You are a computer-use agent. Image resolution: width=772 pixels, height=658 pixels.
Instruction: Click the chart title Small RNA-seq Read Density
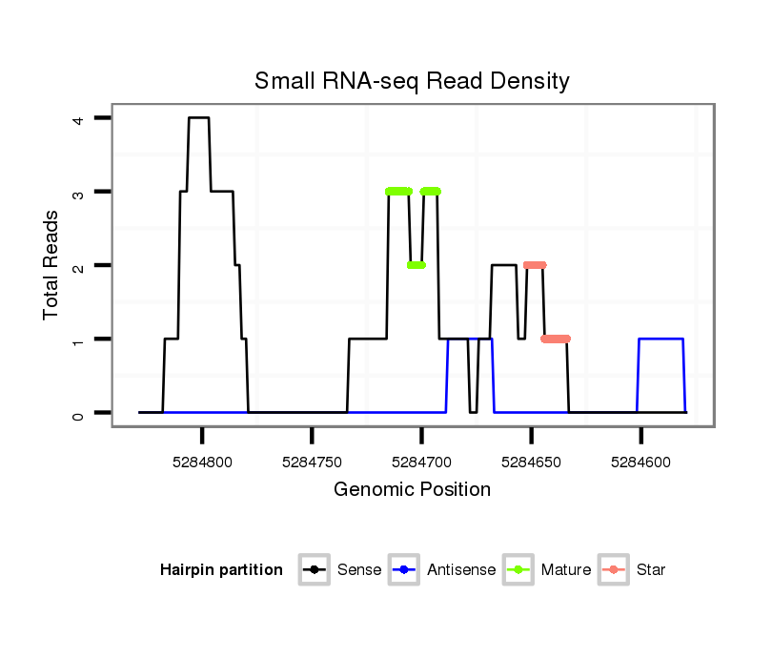point(412,81)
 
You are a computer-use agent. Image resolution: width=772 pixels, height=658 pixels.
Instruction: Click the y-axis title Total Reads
point(52,265)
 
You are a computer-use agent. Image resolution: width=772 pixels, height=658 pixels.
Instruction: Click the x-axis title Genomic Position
point(412,489)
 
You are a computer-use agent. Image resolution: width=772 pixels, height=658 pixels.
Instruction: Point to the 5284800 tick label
point(202,462)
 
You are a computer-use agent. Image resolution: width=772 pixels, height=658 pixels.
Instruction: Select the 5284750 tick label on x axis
point(312,462)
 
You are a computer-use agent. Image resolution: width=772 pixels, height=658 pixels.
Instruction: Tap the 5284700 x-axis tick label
point(421,462)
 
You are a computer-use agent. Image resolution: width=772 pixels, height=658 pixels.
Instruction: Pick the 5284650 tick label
point(531,462)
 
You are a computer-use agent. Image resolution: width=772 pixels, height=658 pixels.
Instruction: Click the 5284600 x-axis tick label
point(640,462)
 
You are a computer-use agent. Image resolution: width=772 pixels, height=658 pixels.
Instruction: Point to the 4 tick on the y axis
point(77,118)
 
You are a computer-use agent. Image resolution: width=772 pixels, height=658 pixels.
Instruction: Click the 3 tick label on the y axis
point(77,192)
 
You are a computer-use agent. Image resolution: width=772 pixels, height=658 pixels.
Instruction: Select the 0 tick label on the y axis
point(77,413)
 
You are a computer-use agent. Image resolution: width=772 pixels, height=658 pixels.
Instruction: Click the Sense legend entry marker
point(314,570)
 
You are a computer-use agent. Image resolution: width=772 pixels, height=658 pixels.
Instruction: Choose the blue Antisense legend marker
point(405,570)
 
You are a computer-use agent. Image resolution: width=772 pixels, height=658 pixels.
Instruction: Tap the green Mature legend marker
point(518,570)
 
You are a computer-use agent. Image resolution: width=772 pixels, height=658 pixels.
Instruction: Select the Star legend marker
point(614,570)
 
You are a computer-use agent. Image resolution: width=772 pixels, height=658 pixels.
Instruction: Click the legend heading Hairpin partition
point(221,570)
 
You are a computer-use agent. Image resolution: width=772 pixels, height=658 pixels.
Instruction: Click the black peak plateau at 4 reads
point(198,118)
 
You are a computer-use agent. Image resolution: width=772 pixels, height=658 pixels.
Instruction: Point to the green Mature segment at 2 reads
point(416,265)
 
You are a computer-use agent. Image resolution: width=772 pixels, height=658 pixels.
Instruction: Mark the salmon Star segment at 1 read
point(556,339)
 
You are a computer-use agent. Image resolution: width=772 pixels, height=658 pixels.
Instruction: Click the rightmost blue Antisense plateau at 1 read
point(660,339)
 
